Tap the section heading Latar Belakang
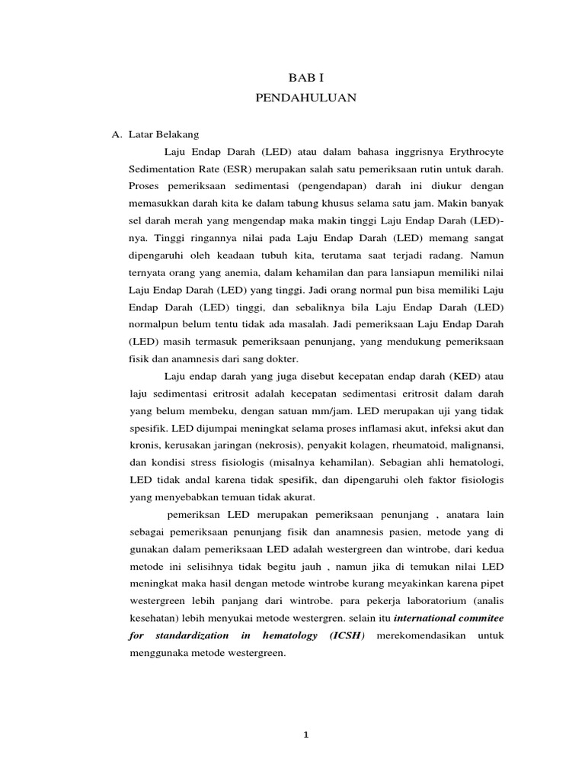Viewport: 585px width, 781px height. pyautogui.click(x=162, y=133)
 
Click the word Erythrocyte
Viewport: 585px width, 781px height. pyautogui.click(x=472, y=152)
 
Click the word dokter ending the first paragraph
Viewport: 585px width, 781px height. pyautogui.click(x=283, y=358)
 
